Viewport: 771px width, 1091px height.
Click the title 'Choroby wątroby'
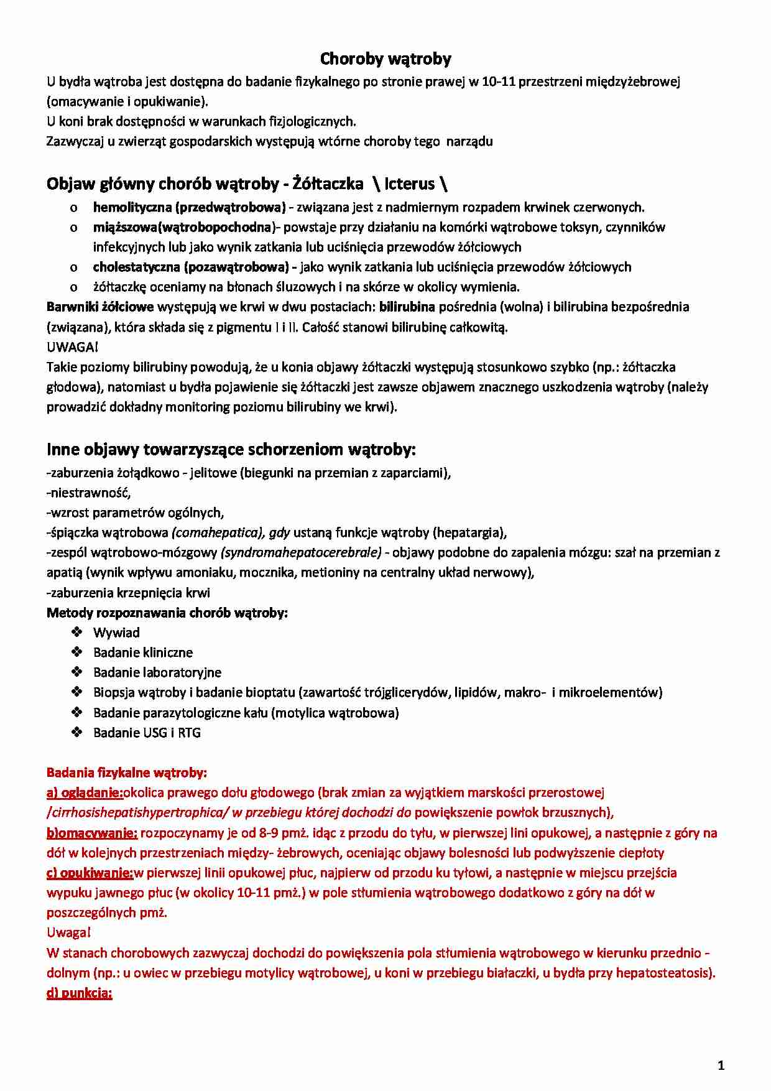[x=386, y=59]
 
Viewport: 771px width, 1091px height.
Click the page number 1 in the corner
[x=721, y=1065]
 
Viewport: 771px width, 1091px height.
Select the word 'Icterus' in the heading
[x=409, y=184]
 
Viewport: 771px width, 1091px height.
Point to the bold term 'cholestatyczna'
[x=136, y=267]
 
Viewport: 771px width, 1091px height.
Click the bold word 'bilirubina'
[x=407, y=307]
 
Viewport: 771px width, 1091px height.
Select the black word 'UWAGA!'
[x=72, y=347]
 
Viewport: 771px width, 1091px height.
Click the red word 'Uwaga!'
[x=68, y=932]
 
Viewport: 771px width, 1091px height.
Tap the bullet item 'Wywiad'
[x=116, y=633]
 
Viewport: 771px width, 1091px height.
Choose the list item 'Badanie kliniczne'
[x=143, y=652]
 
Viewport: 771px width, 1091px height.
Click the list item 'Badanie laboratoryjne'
[x=157, y=672]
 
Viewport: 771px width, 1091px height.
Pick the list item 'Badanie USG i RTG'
[x=147, y=733]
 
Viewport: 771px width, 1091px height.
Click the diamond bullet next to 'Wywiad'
[x=77, y=633]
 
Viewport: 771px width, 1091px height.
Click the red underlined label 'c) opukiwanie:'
[x=90, y=873]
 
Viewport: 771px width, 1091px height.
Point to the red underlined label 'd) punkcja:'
[x=80, y=993]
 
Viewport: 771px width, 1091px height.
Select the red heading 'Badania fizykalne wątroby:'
[x=127, y=773]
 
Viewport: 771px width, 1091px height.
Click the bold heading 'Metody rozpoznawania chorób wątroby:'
[x=167, y=613]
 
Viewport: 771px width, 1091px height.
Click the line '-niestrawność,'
[x=89, y=493]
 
